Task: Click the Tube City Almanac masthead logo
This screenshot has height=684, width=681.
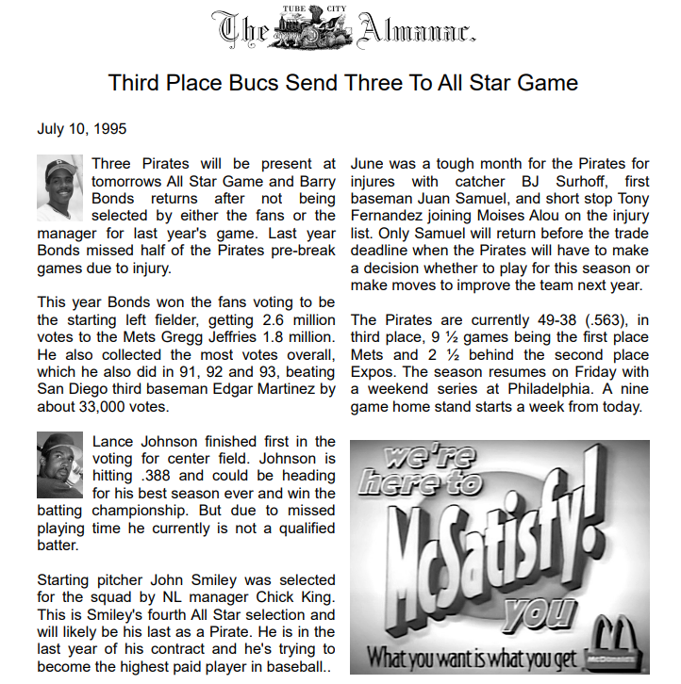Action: [x=342, y=27]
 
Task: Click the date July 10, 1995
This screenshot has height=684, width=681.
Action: [x=82, y=129]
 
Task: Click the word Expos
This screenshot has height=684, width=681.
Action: [x=374, y=373]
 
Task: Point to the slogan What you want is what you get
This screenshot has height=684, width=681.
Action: [x=471, y=657]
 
